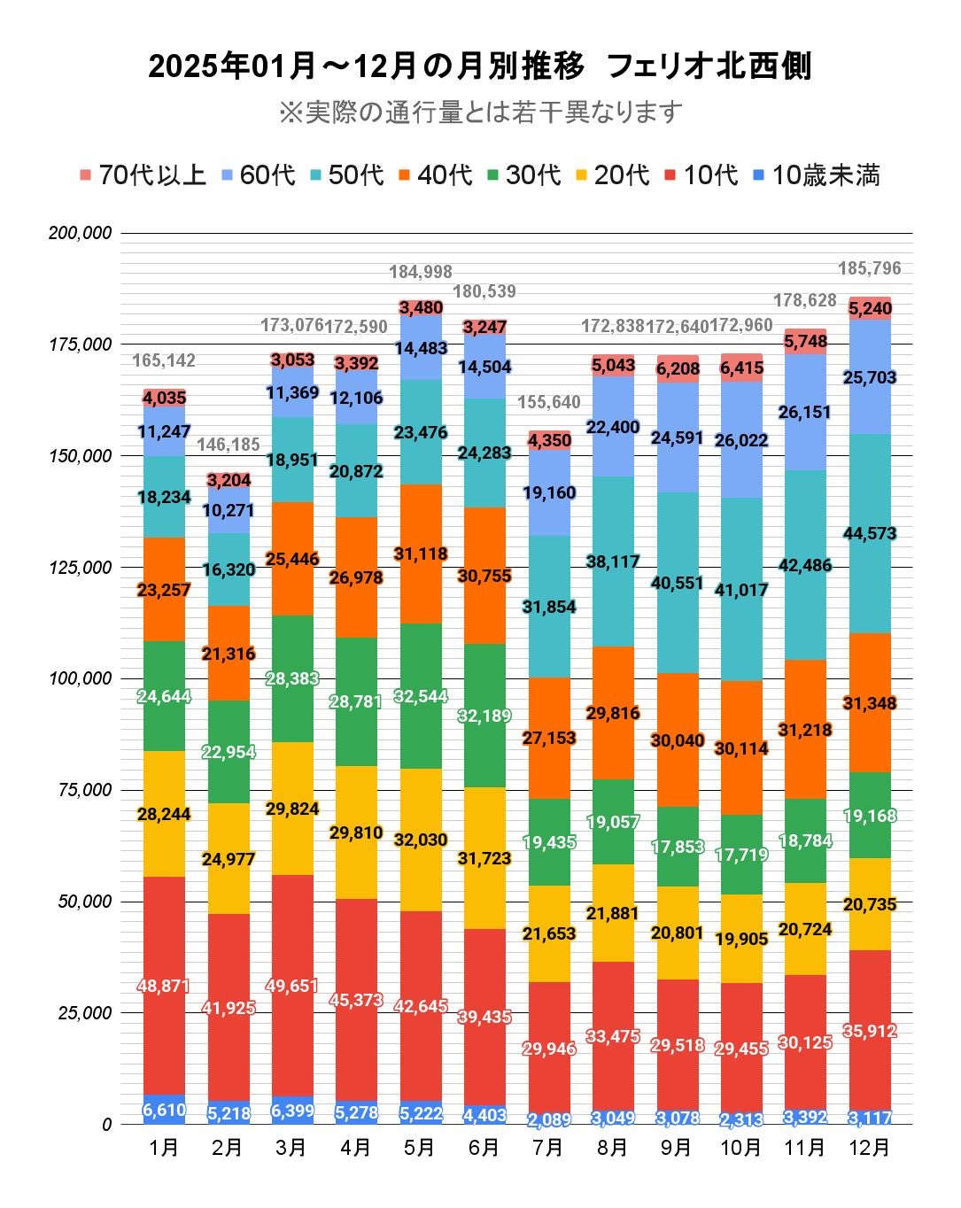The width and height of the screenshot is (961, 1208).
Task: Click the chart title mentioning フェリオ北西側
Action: coord(479,66)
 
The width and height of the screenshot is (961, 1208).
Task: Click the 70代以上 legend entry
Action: coord(143,175)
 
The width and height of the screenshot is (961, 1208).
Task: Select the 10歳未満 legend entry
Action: coord(816,175)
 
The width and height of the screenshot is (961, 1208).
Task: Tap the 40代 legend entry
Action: coord(435,175)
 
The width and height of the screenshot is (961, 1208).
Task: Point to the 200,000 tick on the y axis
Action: coord(81,233)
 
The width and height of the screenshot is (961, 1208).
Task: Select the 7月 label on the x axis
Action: coord(548,1148)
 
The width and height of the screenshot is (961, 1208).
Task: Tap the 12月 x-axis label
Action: coord(869,1148)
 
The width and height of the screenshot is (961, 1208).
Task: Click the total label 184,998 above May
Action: coord(421,272)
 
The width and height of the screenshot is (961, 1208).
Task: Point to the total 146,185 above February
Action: coord(229,445)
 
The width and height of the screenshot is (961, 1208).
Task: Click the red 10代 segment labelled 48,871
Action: coord(164,986)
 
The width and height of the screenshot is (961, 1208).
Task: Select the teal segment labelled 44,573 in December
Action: coord(869,533)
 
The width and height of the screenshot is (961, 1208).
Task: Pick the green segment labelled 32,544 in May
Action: coord(421,696)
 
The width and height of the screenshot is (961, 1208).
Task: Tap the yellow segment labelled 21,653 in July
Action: coord(549,933)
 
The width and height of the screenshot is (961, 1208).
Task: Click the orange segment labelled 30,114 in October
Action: coord(741,748)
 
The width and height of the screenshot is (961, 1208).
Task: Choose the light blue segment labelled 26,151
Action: coord(805,412)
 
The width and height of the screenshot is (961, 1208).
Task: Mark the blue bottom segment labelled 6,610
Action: coord(164,1110)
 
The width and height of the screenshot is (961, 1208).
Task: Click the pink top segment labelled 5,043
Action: coord(613,365)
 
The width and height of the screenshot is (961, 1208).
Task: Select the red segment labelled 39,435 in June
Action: coord(484,1017)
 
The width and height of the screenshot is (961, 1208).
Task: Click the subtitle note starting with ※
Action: coord(480,112)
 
